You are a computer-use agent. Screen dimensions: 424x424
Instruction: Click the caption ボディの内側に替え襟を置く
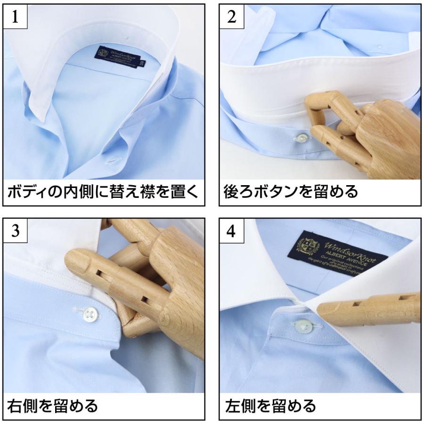click(103, 192)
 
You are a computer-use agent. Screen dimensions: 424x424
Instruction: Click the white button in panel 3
click(90, 311)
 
